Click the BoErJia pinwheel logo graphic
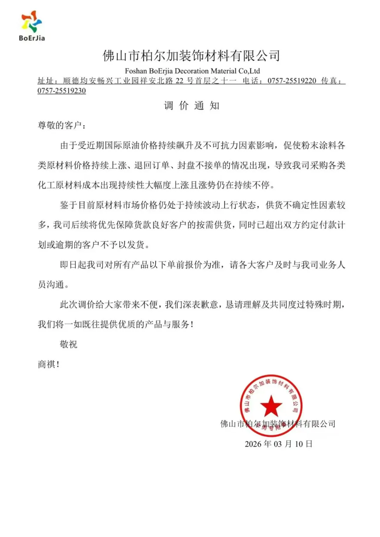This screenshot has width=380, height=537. (31, 21)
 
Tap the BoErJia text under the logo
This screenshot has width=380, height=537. (32, 38)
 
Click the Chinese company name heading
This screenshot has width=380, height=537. (191, 56)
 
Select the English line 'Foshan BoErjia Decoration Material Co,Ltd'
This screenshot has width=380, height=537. (192, 71)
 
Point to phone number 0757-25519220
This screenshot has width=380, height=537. (292, 81)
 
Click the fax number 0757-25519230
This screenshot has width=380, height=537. (62, 91)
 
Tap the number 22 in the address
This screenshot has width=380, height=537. (179, 81)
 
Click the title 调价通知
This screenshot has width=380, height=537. (191, 105)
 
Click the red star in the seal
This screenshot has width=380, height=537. (271, 406)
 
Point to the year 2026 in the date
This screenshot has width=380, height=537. (253, 444)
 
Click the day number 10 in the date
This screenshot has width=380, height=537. (299, 444)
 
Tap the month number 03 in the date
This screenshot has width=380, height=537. (278, 444)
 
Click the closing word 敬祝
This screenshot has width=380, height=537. (69, 344)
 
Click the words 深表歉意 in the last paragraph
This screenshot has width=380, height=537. (201, 304)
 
